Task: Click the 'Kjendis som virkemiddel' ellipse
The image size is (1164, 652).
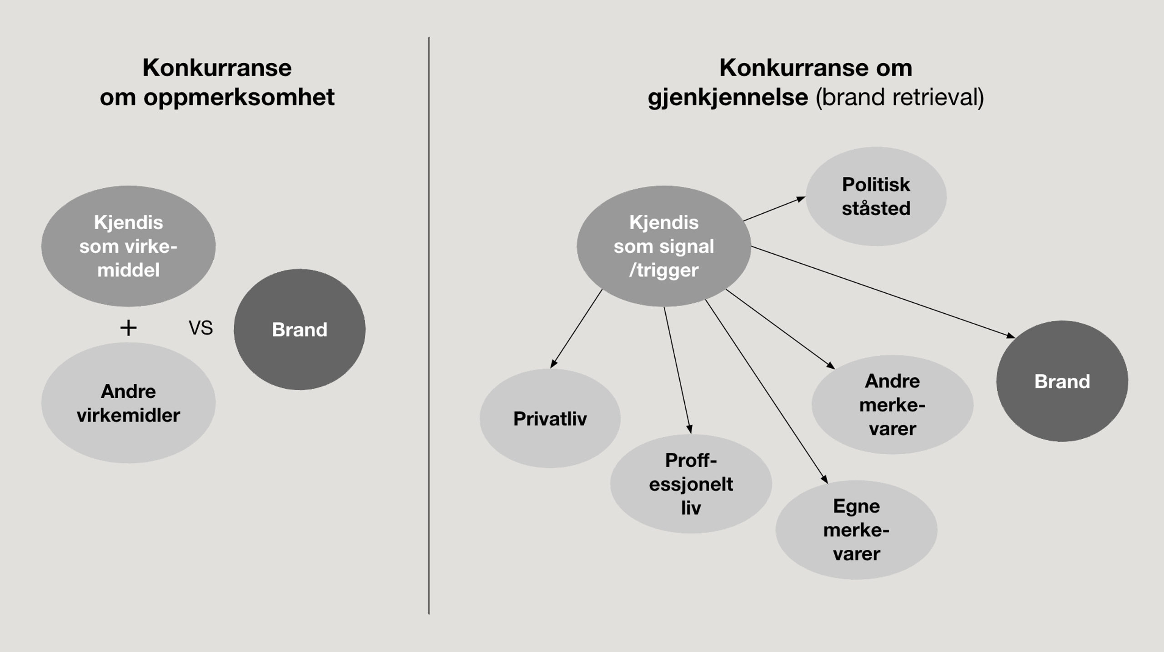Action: pos(128,246)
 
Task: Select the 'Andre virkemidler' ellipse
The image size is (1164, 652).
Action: pos(128,403)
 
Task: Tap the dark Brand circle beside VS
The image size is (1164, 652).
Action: pos(300,329)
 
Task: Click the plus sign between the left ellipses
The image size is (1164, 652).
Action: pos(128,328)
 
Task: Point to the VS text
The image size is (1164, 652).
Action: pos(201,328)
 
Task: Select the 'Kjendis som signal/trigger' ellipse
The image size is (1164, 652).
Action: pos(664,246)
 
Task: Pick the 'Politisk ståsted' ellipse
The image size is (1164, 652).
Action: pos(876,196)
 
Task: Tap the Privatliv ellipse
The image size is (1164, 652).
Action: pos(550,418)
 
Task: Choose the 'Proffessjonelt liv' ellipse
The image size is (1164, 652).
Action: pos(691,484)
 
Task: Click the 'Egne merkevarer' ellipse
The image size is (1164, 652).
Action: pos(856,530)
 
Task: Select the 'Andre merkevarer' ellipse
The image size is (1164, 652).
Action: pos(892,404)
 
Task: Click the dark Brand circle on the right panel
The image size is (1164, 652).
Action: pos(1062,381)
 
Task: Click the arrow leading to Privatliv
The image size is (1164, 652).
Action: pos(576,328)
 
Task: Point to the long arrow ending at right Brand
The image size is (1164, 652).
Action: pos(882,291)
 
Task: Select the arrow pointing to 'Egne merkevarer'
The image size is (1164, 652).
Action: pos(766,391)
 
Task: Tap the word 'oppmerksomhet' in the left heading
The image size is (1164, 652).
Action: pos(239,97)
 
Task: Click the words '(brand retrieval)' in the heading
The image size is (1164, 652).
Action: pos(900,97)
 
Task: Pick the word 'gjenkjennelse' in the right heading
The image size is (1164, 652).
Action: pos(727,97)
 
